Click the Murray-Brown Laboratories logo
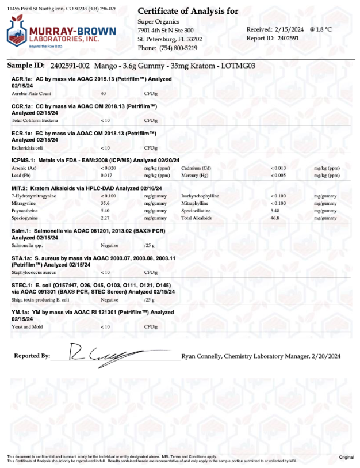pos(60,32)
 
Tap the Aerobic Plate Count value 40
pos(103,93)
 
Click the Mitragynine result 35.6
pos(105,203)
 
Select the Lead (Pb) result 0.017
pos(106,174)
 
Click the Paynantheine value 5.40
pos(105,211)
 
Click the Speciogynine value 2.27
pos(105,218)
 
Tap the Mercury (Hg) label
pos(194,174)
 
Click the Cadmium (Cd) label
pos(195,167)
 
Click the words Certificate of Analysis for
pos(188,12)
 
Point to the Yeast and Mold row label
pos(27,326)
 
